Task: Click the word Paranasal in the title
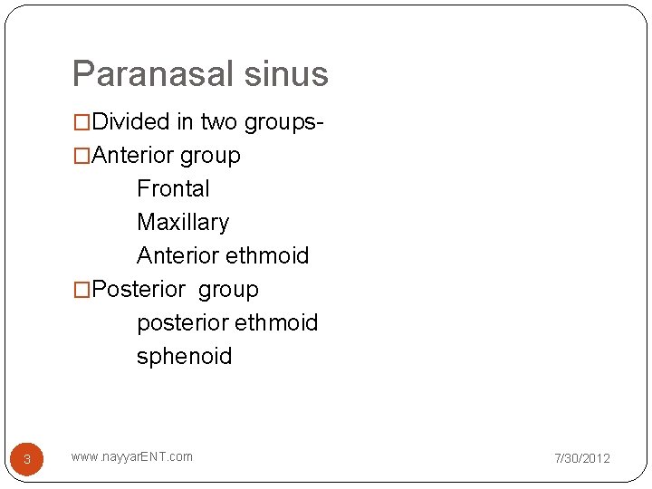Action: point(156,73)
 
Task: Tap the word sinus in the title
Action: point(288,73)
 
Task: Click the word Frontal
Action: point(173,188)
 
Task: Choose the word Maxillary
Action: point(183,222)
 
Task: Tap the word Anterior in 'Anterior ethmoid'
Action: point(177,255)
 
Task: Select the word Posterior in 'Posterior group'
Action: point(137,289)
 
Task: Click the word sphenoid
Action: point(184,356)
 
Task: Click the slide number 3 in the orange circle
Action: point(27,459)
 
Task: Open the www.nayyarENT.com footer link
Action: point(131,456)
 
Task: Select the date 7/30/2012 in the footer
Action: point(582,458)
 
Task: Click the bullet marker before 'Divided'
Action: point(81,122)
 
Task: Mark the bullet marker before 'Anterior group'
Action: point(81,156)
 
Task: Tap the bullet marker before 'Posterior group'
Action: point(81,290)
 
